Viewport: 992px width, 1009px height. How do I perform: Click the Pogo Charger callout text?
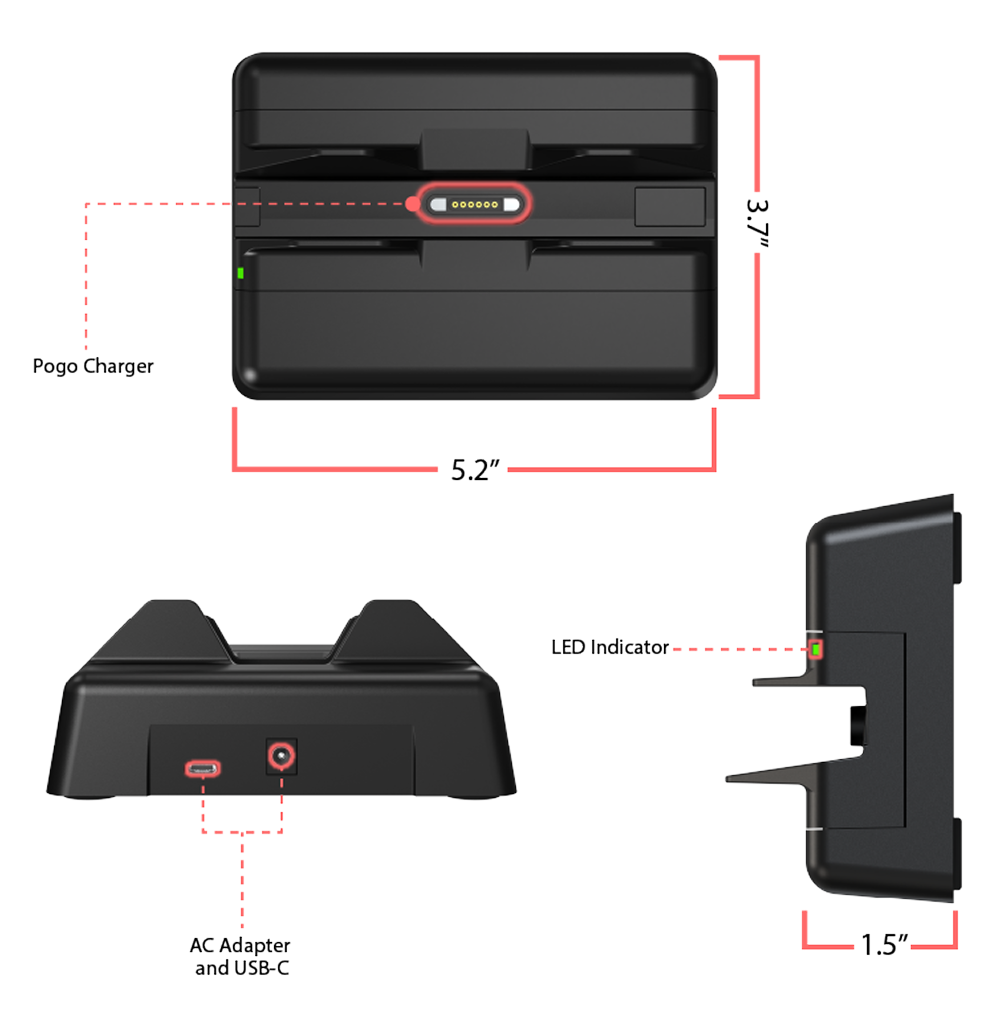tap(93, 366)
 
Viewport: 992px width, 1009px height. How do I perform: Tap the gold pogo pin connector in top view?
tap(474, 204)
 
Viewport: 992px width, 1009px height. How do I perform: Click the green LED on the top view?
tap(241, 272)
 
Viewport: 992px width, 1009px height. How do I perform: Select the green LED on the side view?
tap(816, 649)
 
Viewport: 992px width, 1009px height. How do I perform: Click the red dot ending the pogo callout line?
tap(413, 204)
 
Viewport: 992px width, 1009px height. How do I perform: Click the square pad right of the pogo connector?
tap(669, 207)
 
